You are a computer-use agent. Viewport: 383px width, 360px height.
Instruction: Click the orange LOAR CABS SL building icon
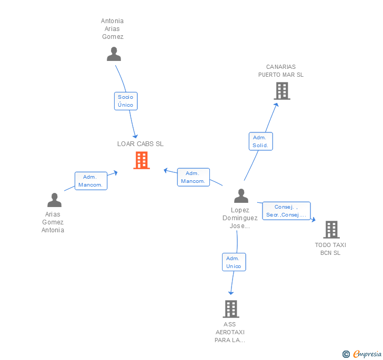pyautogui.click(x=142, y=160)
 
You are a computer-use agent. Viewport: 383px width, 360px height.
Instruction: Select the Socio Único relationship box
pyautogui.click(x=126, y=101)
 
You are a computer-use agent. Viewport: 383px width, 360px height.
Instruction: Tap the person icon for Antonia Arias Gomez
pyautogui.click(x=114, y=54)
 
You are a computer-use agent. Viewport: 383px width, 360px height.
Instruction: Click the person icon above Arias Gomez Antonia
pyautogui.click(x=55, y=200)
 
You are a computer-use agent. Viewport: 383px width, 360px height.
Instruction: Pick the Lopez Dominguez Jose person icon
pyautogui.click(x=241, y=196)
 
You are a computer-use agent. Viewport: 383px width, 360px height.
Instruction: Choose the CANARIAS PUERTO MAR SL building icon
pyautogui.click(x=282, y=91)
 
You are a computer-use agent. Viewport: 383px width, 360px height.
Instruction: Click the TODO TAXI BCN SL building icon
pyautogui.click(x=331, y=230)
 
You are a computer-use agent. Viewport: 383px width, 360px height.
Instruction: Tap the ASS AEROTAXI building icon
pyautogui.click(x=231, y=309)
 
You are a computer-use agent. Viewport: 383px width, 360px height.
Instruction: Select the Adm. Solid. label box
pyautogui.click(x=260, y=141)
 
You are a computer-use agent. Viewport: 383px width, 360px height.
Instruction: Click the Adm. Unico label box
pyautogui.click(x=234, y=262)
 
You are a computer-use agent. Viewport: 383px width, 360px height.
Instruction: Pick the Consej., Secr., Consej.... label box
pyautogui.click(x=286, y=211)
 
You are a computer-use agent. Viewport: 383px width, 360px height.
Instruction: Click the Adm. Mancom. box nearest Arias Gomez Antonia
pyautogui.click(x=91, y=181)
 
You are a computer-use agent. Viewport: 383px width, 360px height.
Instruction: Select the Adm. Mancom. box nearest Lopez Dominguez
pyautogui.click(x=193, y=177)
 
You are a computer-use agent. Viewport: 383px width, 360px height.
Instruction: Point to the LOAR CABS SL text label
pyautogui.click(x=140, y=144)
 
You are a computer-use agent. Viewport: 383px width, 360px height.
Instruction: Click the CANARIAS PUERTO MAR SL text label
pyautogui.click(x=281, y=71)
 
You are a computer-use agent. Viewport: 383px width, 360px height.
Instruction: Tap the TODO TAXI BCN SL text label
pyautogui.click(x=330, y=249)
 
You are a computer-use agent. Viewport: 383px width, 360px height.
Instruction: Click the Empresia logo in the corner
pyautogui.click(x=367, y=354)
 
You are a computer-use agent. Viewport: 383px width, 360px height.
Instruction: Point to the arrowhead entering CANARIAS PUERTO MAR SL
pyautogui.click(x=276, y=105)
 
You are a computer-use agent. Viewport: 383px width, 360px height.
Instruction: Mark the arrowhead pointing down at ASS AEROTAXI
pyautogui.click(x=231, y=293)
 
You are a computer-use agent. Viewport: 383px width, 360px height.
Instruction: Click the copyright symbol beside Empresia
pyautogui.click(x=346, y=354)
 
